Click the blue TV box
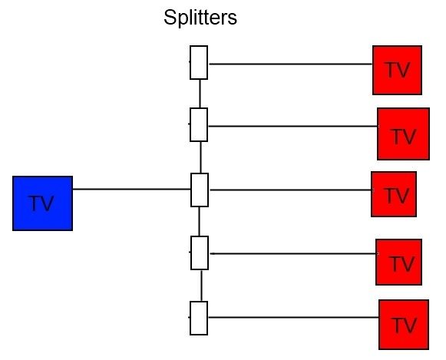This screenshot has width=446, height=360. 43,203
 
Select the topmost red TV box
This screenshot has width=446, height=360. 398,70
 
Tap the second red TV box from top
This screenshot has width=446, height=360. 403,134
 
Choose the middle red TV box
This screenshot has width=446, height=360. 394,194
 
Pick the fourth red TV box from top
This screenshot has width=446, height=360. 398,262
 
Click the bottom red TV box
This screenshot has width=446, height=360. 404,325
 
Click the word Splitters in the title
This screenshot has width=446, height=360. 200,18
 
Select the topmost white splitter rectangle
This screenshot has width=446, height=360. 199,62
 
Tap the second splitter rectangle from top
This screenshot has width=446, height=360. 199,124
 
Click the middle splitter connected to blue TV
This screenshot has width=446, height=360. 200,190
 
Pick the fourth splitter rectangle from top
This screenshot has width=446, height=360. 200,253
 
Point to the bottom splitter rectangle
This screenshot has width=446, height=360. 199,318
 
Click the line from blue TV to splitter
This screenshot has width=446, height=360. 131,189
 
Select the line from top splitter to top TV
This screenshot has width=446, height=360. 291,64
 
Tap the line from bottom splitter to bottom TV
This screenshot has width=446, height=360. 293,317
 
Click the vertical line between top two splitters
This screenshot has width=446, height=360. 200,94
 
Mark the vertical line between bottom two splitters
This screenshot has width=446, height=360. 201,286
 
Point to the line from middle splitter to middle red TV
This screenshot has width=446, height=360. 291,190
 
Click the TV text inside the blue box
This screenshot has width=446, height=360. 41,203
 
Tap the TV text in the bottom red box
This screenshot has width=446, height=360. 404,325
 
